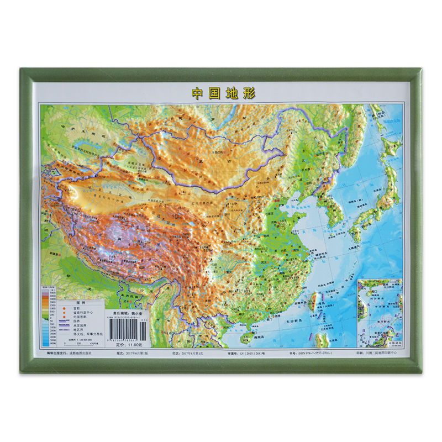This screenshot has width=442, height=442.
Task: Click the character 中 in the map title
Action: click(197, 93)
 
